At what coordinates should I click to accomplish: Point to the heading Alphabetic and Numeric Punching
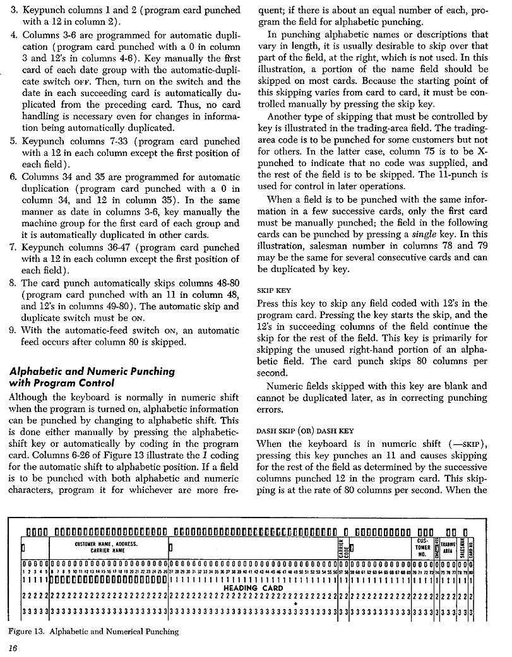[92, 371]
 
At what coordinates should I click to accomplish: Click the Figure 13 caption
[93, 631]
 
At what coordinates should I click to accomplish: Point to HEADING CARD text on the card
[254, 588]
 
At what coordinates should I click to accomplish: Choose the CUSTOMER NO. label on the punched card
[423, 547]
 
